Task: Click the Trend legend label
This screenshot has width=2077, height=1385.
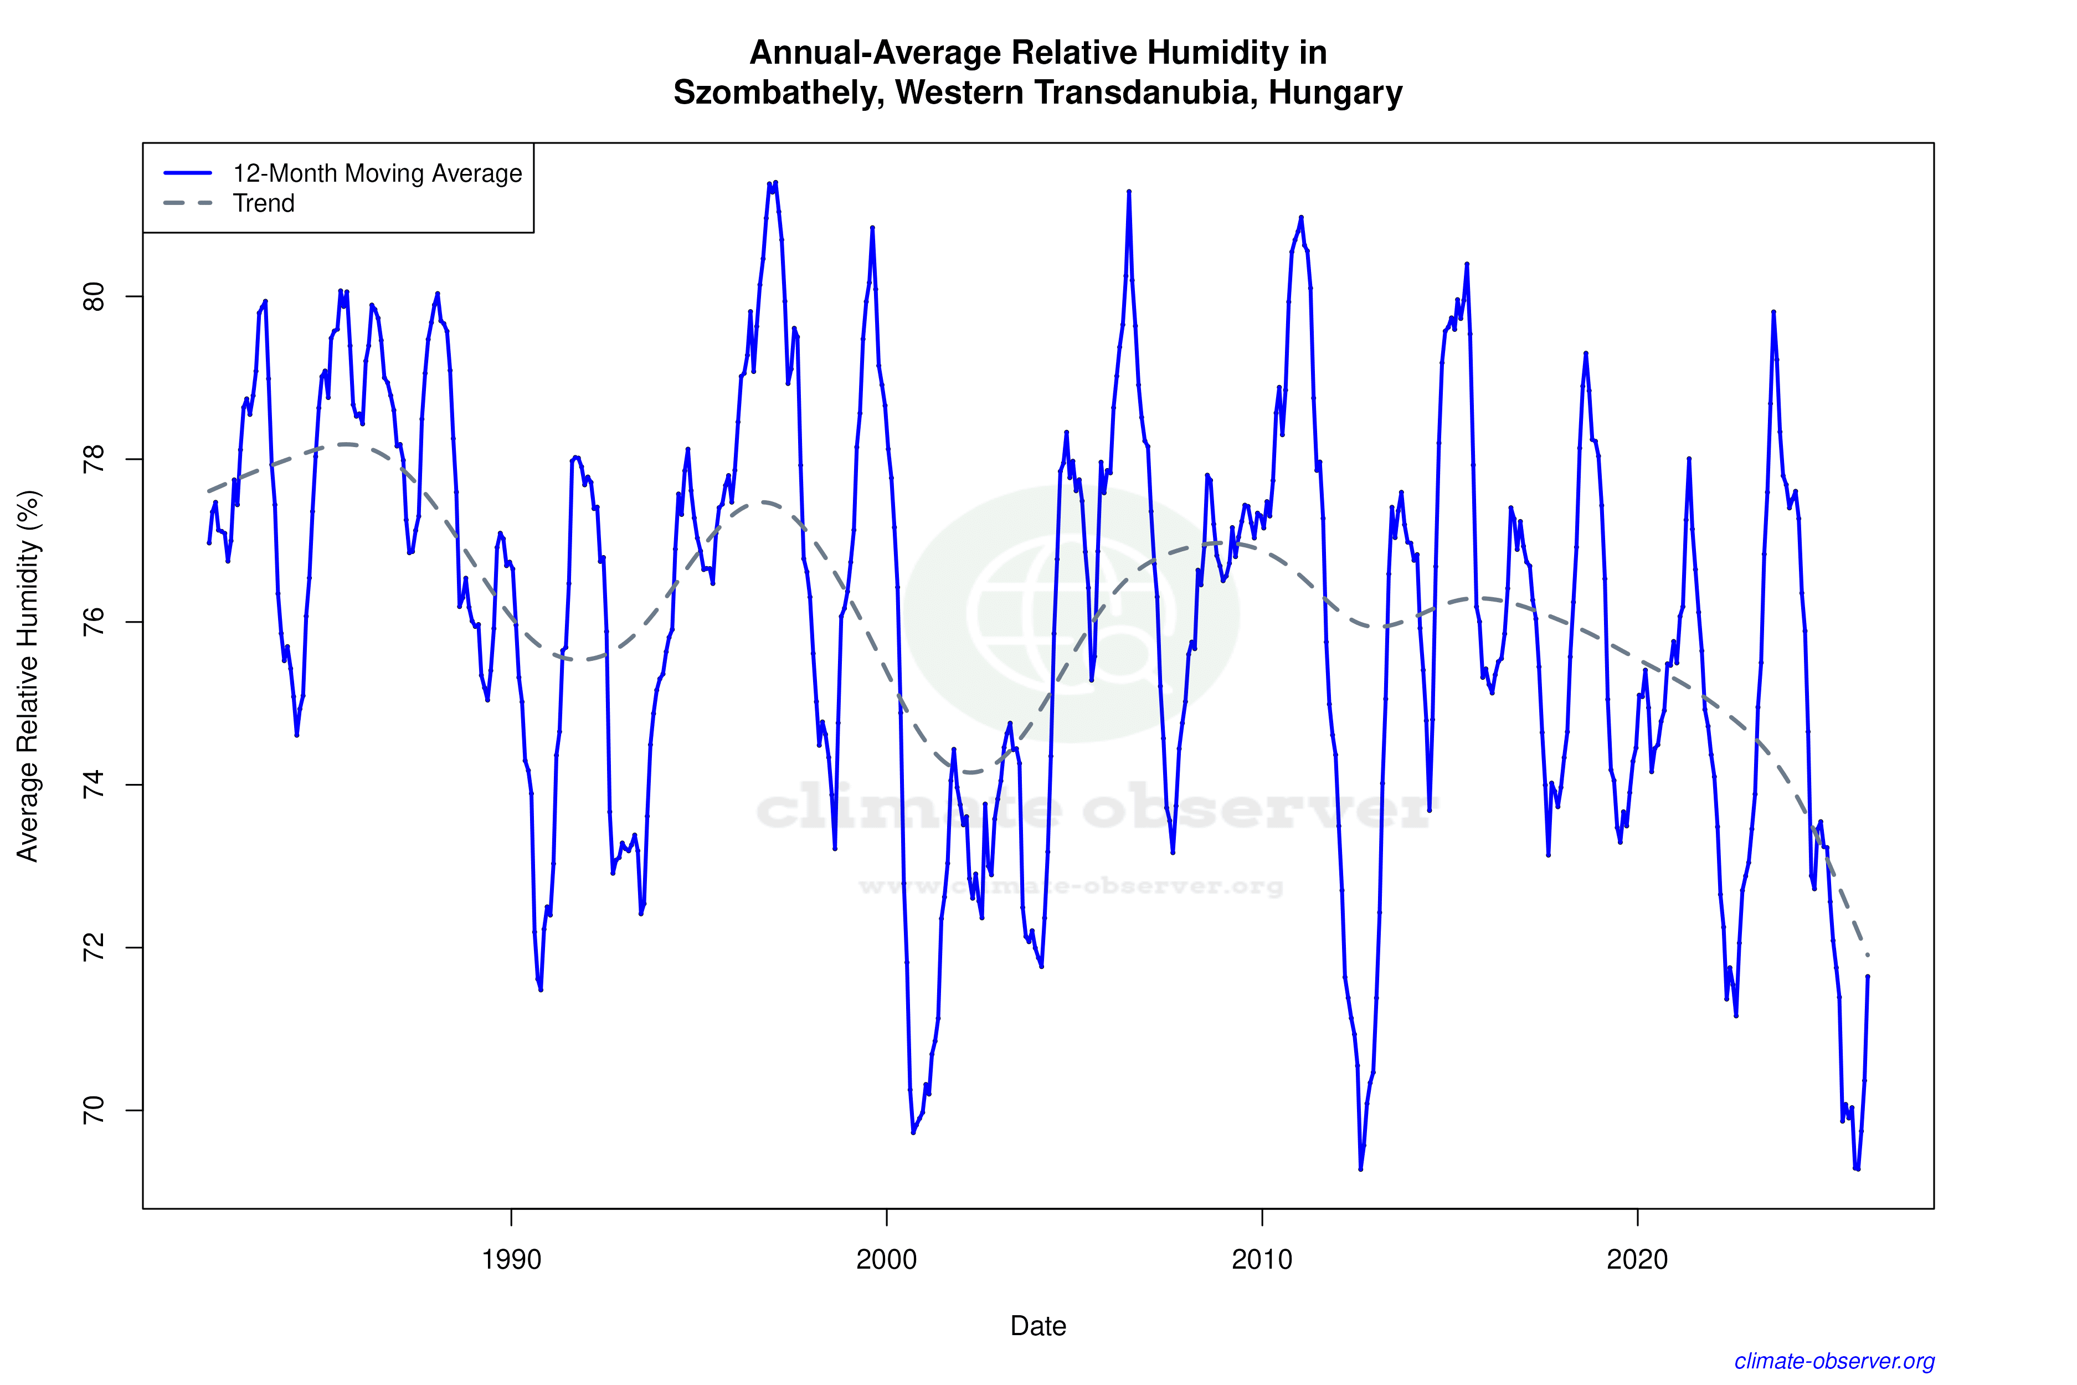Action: click(263, 203)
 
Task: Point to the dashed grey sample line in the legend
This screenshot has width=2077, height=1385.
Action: click(188, 203)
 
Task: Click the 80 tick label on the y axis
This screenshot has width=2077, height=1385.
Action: click(94, 297)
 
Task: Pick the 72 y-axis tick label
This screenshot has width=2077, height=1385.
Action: click(94, 948)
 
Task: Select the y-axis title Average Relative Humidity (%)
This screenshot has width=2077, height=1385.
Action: click(28, 676)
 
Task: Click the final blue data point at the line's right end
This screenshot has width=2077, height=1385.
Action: click(1868, 976)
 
